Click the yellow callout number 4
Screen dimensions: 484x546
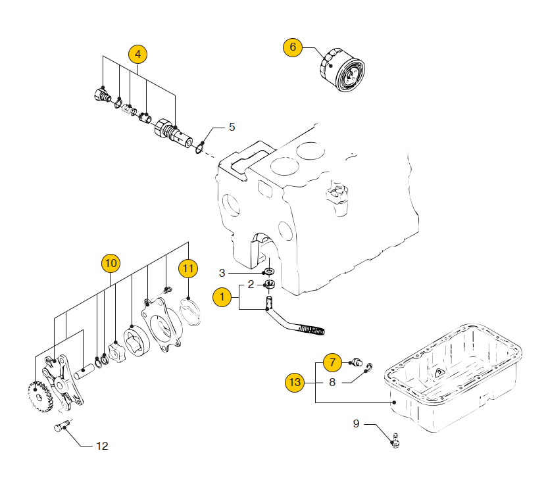(x=137, y=54)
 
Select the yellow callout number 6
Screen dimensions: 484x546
(x=293, y=47)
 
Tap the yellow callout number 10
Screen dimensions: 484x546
(x=111, y=264)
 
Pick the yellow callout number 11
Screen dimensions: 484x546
(x=188, y=268)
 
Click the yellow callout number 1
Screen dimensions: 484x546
(x=222, y=297)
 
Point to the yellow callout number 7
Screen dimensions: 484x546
(x=333, y=362)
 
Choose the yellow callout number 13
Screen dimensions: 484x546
(x=295, y=381)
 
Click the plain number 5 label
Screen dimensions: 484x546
(x=232, y=127)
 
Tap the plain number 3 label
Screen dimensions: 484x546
(x=222, y=272)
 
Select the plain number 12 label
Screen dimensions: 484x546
(x=102, y=446)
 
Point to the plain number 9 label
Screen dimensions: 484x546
(x=357, y=424)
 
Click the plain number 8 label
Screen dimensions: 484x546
(x=333, y=381)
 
